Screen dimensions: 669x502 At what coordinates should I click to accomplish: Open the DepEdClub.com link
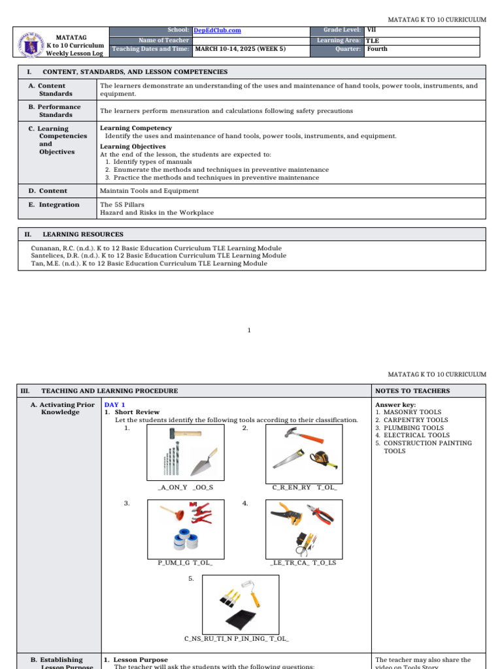click(217, 31)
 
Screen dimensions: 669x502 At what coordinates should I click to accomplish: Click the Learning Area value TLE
click(373, 40)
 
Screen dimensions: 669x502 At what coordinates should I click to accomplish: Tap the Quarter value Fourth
click(377, 49)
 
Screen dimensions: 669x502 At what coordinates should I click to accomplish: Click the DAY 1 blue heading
click(115, 405)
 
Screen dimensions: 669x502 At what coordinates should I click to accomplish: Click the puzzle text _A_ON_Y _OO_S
click(186, 487)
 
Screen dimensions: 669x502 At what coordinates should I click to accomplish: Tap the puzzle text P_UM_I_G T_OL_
click(185, 562)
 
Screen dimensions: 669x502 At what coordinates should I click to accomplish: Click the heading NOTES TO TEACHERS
click(403, 391)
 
